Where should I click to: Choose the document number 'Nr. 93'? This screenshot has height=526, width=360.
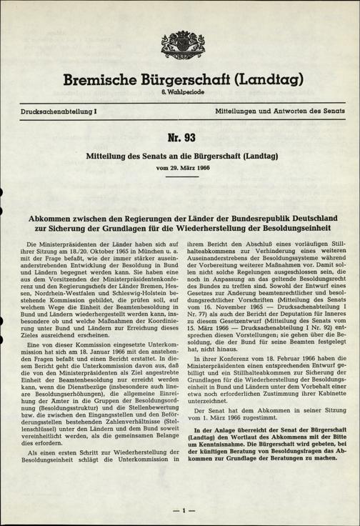pyautogui.click(x=180, y=137)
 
